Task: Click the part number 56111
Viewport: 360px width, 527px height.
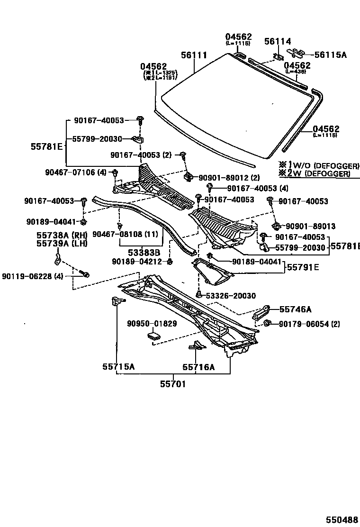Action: pyautogui.click(x=194, y=55)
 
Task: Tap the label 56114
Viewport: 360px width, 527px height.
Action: pyautogui.click(x=277, y=42)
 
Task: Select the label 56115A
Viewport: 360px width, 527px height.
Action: pyautogui.click(x=330, y=55)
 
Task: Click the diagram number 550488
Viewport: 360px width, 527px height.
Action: pyautogui.click(x=341, y=519)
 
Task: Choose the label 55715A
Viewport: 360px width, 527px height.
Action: pyautogui.click(x=118, y=366)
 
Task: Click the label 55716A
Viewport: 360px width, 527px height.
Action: pyautogui.click(x=198, y=366)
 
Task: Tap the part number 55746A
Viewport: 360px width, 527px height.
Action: pyautogui.click(x=295, y=309)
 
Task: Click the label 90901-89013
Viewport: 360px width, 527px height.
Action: pyautogui.click(x=309, y=226)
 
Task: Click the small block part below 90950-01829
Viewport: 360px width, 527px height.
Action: pyautogui.click(x=153, y=336)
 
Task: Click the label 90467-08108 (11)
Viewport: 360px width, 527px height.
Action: pyautogui.click(x=125, y=234)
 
